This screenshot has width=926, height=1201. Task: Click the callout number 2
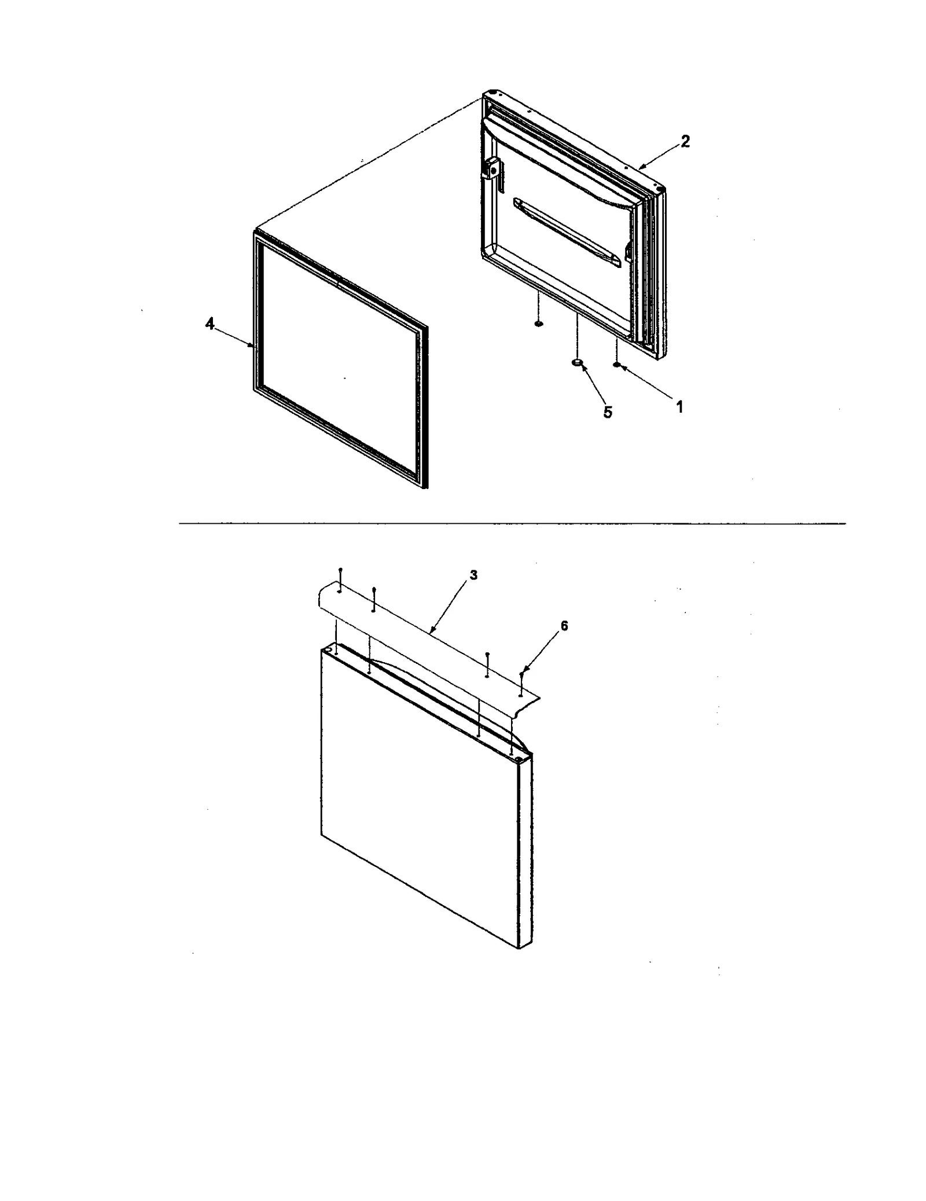(x=685, y=141)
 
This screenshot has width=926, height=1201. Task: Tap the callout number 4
(x=209, y=325)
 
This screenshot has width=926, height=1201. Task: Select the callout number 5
(x=608, y=412)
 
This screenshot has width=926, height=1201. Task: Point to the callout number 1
(x=680, y=407)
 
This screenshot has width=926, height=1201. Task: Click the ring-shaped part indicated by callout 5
(x=576, y=363)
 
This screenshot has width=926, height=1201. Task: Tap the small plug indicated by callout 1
(x=617, y=365)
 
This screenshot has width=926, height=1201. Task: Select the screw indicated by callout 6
(x=521, y=675)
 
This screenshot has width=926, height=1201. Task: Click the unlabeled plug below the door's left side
(x=538, y=325)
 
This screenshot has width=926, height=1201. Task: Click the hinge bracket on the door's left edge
(x=493, y=170)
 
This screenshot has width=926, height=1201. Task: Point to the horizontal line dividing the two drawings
(x=512, y=524)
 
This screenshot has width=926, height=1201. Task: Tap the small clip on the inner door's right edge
(x=629, y=250)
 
